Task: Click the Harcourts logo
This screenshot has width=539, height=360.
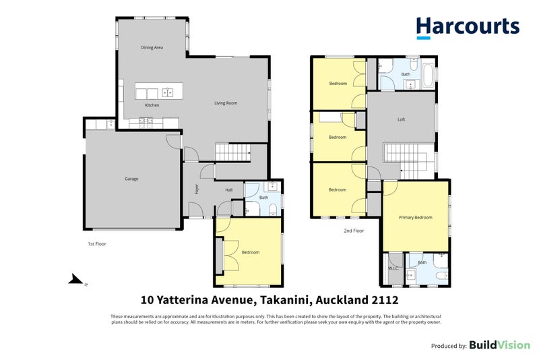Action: pyautogui.click(x=468, y=27)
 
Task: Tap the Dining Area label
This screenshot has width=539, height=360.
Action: pyautogui.click(x=152, y=47)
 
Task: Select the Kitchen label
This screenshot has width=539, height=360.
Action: pyautogui.click(x=152, y=105)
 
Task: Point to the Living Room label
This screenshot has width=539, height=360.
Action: pyautogui.click(x=226, y=102)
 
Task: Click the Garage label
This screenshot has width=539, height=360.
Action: pyautogui.click(x=131, y=179)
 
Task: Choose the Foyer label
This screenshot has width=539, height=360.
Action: pyautogui.click(x=197, y=189)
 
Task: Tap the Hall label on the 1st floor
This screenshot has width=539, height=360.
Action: pyautogui.click(x=229, y=190)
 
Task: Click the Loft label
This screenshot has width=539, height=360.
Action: pyautogui.click(x=401, y=119)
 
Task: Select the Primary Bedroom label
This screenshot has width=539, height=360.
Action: pyautogui.click(x=416, y=217)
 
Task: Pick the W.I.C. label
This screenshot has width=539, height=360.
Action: pyautogui.click(x=393, y=268)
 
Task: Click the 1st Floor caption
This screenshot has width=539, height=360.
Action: pyautogui.click(x=97, y=244)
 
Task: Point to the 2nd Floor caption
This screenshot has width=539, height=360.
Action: pyautogui.click(x=354, y=231)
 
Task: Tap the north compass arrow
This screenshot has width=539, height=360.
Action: pyautogui.click(x=76, y=279)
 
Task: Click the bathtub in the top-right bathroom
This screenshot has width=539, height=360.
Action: pyautogui.click(x=429, y=75)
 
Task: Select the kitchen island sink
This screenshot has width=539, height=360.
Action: pyautogui.click(x=167, y=92)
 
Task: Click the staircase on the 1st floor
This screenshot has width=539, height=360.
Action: pyautogui.click(x=232, y=152)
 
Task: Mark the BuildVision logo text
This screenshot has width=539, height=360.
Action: pyautogui.click(x=499, y=345)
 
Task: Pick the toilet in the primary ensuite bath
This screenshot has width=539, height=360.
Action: pyautogui.click(x=441, y=276)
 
